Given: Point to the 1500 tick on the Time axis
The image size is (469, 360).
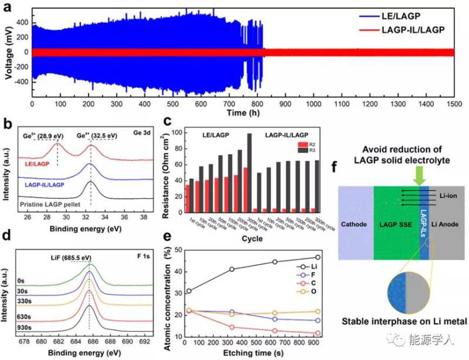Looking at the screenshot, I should click(456, 104).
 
